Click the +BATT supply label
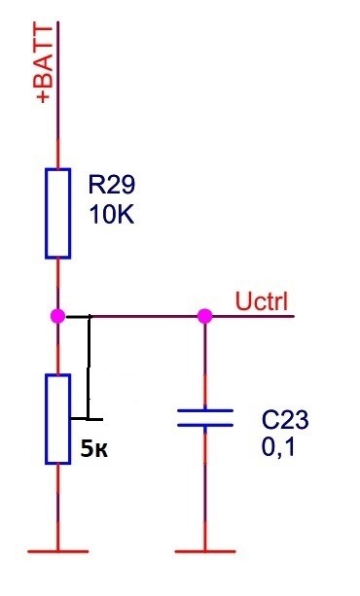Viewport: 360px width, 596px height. [45, 63]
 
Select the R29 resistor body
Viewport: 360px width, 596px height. [57, 214]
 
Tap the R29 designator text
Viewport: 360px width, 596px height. [111, 185]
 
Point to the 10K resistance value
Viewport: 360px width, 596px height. [112, 214]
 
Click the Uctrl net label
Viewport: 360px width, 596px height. [262, 301]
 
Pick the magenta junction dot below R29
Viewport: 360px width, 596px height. [57, 316]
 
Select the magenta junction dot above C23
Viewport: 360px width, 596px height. [204, 316]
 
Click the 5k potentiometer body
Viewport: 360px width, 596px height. [57, 419]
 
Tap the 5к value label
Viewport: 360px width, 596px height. [94, 449]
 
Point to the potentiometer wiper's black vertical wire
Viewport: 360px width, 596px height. [89, 368]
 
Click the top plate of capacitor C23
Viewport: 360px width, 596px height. [205, 410]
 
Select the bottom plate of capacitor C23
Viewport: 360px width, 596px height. [205, 425]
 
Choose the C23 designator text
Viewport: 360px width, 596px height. [285, 420]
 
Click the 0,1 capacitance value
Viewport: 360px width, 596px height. [278, 447]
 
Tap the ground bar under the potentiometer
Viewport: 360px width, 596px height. [57, 551]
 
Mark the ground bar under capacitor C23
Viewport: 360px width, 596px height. [205, 551]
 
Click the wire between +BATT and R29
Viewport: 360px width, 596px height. [57, 95]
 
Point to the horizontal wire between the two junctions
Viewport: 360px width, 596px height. [131, 316]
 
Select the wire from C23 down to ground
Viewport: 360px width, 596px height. [205, 488]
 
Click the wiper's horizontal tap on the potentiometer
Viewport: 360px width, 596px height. [87, 419]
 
